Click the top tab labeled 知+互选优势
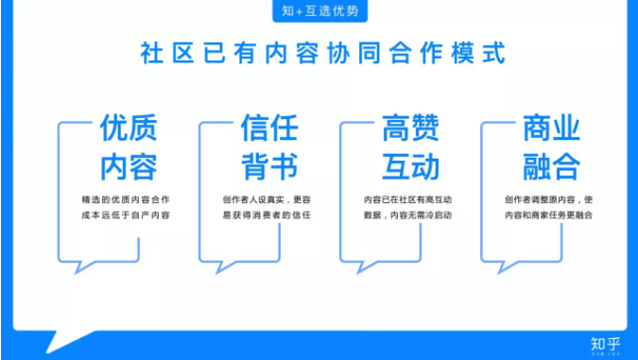tap(320, 11)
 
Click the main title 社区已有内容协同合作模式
tap(320, 52)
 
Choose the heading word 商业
tap(551, 129)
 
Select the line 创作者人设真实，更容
tap(267, 199)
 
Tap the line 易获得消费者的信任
tap(267, 215)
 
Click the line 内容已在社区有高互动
tap(407, 199)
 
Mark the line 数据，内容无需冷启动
tap(407, 215)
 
